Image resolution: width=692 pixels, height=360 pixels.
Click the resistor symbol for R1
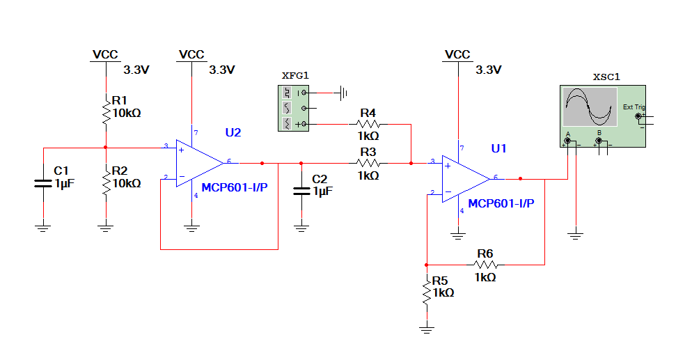(x=106, y=113)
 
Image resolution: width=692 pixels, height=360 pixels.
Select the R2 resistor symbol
(x=106, y=182)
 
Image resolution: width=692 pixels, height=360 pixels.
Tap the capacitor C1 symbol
(x=43, y=183)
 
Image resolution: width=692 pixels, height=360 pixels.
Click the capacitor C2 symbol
(x=301, y=191)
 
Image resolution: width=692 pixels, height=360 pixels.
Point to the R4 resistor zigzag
(x=368, y=124)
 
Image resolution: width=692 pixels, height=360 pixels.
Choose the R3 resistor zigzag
(x=368, y=163)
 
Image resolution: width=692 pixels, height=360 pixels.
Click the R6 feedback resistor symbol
(x=485, y=265)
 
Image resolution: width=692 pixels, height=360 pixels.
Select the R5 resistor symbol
(x=427, y=291)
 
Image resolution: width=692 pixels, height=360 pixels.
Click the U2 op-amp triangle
(x=200, y=163)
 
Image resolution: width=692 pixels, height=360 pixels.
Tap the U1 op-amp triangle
(x=466, y=179)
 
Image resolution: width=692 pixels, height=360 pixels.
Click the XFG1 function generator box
(x=294, y=108)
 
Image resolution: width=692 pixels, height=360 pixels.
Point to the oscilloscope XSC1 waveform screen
(x=590, y=107)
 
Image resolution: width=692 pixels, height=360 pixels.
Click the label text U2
(x=233, y=132)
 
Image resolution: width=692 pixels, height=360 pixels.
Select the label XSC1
(x=606, y=77)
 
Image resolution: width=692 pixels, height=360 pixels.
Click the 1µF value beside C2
(x=323, y=191)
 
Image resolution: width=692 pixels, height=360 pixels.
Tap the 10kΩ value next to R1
(x=127, y=114)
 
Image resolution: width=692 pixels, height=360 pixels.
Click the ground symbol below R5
(x=427, y=329)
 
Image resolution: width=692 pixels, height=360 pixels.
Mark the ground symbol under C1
(x=43, y=228)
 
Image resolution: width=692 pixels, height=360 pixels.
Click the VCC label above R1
(x=105, y=55)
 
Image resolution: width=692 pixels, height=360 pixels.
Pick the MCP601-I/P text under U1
(x=501, y=203)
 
